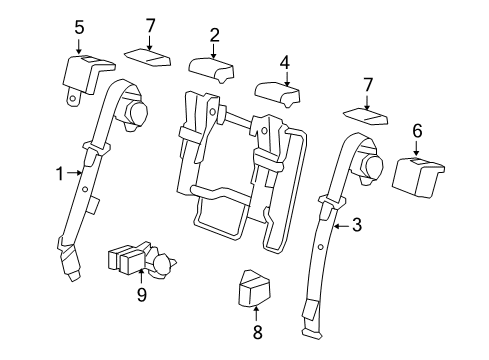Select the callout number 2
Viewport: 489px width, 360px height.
click(x=214, y=36)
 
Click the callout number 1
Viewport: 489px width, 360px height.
click(x=59, y=172)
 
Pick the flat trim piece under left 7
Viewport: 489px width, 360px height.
click(x=146, y=55)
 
